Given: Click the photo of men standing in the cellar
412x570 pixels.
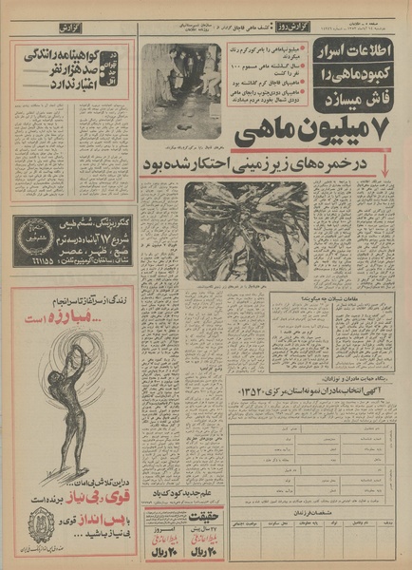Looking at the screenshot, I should coord(180,89).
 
